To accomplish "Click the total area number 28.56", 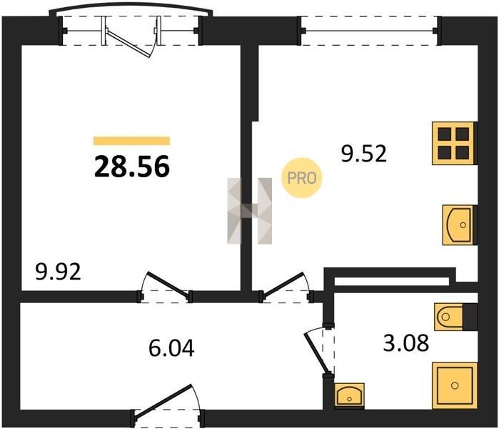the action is [x=132, y=167].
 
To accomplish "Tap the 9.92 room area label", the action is [x=59, y=272].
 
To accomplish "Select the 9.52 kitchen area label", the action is [x=364, y=153].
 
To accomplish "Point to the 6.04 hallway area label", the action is [x=171, y=347].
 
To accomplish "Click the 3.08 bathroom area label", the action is [x=406, y=343].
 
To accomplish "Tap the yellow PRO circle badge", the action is [x=302, y=178].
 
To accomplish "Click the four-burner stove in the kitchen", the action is [x=453, y=143].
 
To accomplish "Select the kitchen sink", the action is [x=458, y=225].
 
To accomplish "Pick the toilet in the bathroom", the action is [x=449, y=317].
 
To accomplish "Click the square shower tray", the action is [x=455, y=385].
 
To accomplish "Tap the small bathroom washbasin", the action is [x=349, y=395].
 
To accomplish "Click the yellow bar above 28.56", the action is [x=131, y=141].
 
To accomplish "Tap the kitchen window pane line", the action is [x=369, y=31].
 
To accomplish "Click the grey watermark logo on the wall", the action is [x=250, y=211].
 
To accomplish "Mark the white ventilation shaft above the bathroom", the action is [x=392, y=282].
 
